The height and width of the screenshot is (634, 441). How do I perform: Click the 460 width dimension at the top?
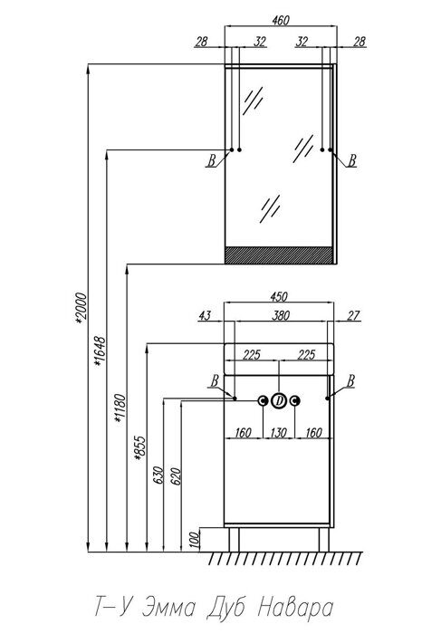point(281,20)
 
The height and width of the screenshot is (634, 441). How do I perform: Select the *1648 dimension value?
point(100,351)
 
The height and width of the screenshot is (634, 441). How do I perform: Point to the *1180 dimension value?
point(120,408)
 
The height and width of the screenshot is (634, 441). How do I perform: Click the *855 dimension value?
point(140,448)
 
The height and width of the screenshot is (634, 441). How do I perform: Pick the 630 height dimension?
point(158,475)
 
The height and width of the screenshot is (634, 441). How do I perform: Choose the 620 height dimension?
point(177,475)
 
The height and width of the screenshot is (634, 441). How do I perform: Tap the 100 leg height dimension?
point(195,540)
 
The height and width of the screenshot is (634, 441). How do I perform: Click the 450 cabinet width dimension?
point(279,296)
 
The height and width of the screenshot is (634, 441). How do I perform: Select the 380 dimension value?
point(281,315)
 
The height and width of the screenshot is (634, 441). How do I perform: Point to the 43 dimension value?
point(205,315)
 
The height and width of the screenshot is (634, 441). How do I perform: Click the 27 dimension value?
point(353,315)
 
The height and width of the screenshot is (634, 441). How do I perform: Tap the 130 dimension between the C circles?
point(279,433)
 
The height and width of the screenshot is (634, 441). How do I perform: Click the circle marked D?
point(279,401)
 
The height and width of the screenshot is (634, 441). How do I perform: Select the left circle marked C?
point(264,401)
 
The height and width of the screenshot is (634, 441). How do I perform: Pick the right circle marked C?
point(295,401)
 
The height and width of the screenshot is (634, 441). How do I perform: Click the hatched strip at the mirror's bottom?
point(279,255)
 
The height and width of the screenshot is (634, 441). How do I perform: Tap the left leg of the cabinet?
point(234,540)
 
